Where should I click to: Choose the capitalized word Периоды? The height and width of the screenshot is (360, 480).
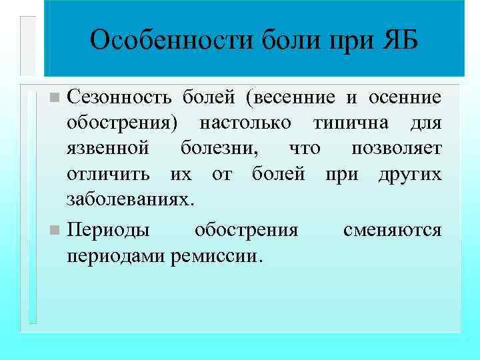(108, 230)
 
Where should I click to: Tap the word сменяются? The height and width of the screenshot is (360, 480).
(392, 230)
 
